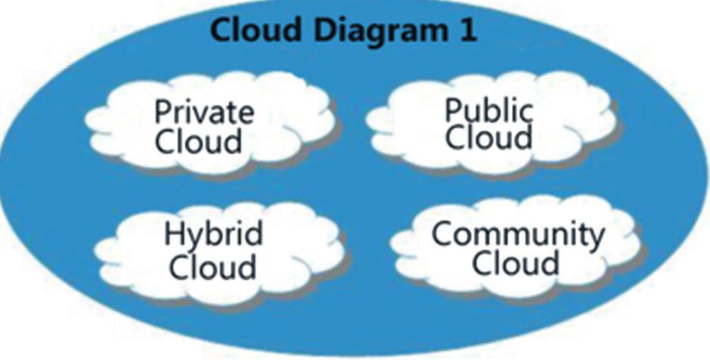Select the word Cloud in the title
click(x=256, y=29)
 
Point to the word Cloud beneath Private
click(x=198, y=141)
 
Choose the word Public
click(x=488, y=111)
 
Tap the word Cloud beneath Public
click(x=489, y=137)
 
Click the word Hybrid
click(x=213, y=235)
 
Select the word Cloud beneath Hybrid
click(x=212, y=266)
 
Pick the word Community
click(x=518, y=235)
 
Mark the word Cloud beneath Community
click(x=515, y=262)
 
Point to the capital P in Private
click(x=163, y=111)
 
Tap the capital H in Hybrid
click(x=174, y=234)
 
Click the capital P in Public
click(x=454, y=110)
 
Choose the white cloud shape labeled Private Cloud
click(x=209, y=123)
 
